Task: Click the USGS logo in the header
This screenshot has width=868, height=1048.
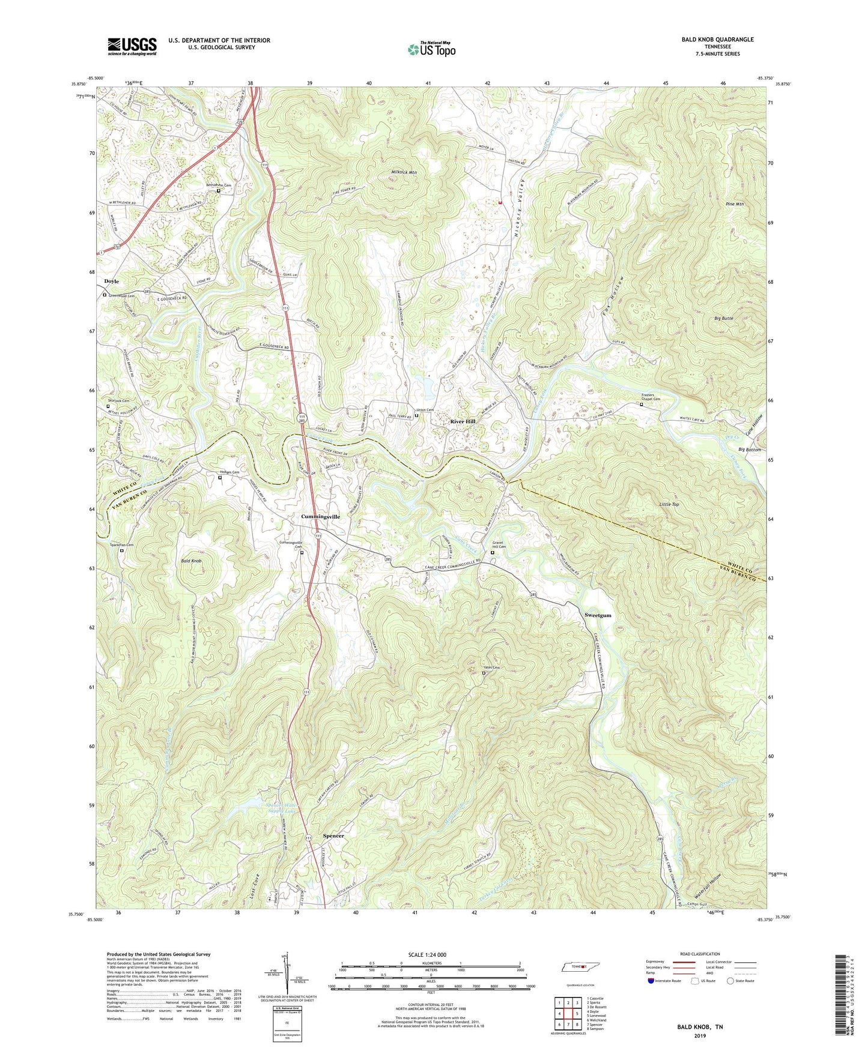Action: (x=132, y=46)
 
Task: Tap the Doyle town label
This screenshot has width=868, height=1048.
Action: (x=111, y=281)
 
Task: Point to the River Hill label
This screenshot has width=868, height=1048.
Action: (x=463, y=421)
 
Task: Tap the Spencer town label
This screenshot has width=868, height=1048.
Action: (x=333, y=836)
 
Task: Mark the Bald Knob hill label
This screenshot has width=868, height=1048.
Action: (x=192, y=561)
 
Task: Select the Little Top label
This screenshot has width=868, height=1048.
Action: (x=669, y=504)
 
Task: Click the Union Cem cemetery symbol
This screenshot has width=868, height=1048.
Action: (x=417, y=415)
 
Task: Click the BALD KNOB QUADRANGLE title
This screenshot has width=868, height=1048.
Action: (x=717, y=40)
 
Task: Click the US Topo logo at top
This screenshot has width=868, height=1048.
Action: (x=431, y=49)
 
